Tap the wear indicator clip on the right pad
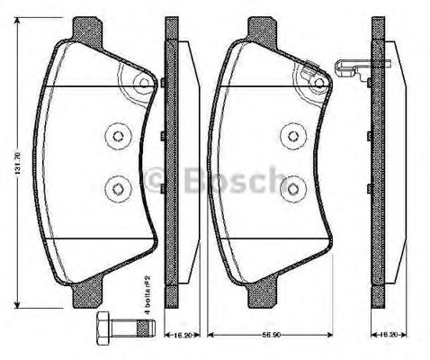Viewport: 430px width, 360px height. tap(350, 67)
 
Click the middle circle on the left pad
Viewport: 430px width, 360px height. tap(117, 135)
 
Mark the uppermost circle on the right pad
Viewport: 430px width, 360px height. tap(318, 84)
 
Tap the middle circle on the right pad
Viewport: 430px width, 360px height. tap(291, 135)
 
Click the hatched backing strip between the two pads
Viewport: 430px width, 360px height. tap(167, 162)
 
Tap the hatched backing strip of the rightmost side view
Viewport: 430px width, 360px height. tap(378, 162)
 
